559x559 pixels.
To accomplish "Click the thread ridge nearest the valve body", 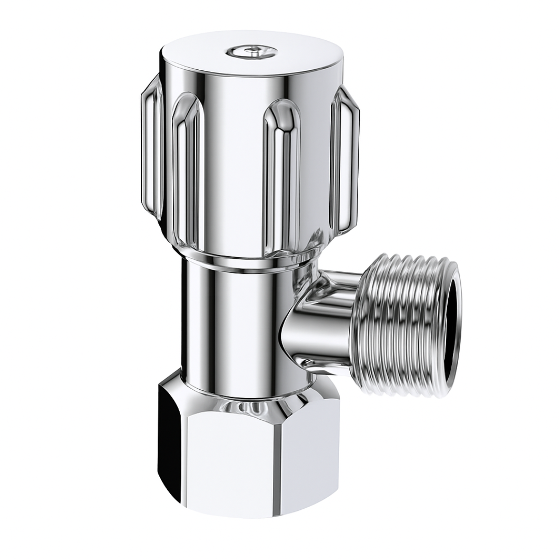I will pyautogui.click(x=362, y=326).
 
